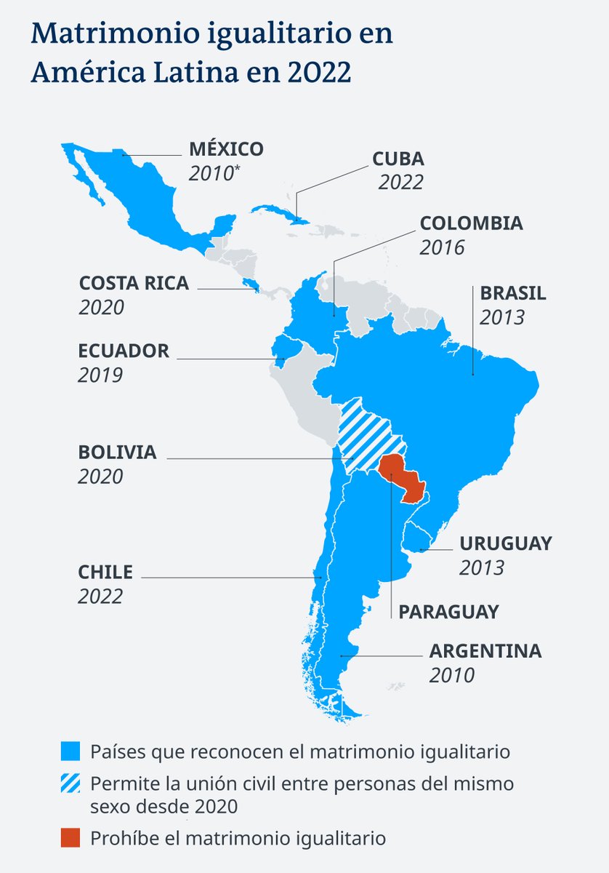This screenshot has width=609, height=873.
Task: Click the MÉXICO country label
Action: [x=226, y=149]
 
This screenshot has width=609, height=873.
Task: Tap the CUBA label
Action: [x=398, y=159]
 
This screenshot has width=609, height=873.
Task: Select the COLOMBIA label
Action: [x=471, y=223]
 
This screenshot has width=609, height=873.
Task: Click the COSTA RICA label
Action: [x=134, y=283]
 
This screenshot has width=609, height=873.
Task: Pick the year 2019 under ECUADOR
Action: [x=101, y=375]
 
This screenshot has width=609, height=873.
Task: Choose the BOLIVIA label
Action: [x=117, y=452]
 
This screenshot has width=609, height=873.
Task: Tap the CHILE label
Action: [x=105, y=572]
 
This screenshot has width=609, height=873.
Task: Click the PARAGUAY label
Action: [x=448, y=612]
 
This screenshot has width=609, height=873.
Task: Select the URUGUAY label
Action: [x=505, y=543]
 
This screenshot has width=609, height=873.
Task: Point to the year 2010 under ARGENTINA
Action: [x=451, y=675]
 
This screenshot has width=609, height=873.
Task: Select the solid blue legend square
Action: [x=70, y=751]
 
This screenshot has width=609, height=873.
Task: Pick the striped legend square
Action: [x=70, y=785]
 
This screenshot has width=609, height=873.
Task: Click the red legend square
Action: [x=70, y=838]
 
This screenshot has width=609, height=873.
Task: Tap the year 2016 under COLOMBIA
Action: [x=442, y=247]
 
